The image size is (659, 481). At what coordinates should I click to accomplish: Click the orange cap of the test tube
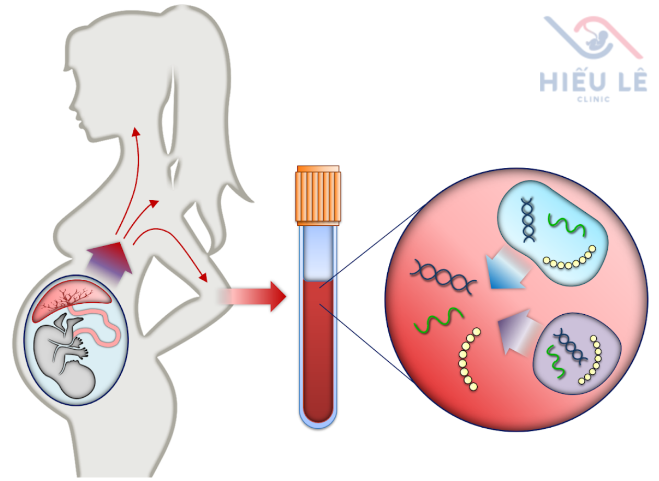click(x=318, y=194)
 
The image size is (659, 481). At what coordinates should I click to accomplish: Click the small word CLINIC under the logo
click(x=594, y=99)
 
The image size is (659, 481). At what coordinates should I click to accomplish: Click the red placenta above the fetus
click(x=71, y=302)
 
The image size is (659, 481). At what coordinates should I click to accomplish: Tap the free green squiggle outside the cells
click(x=439, y=319)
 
